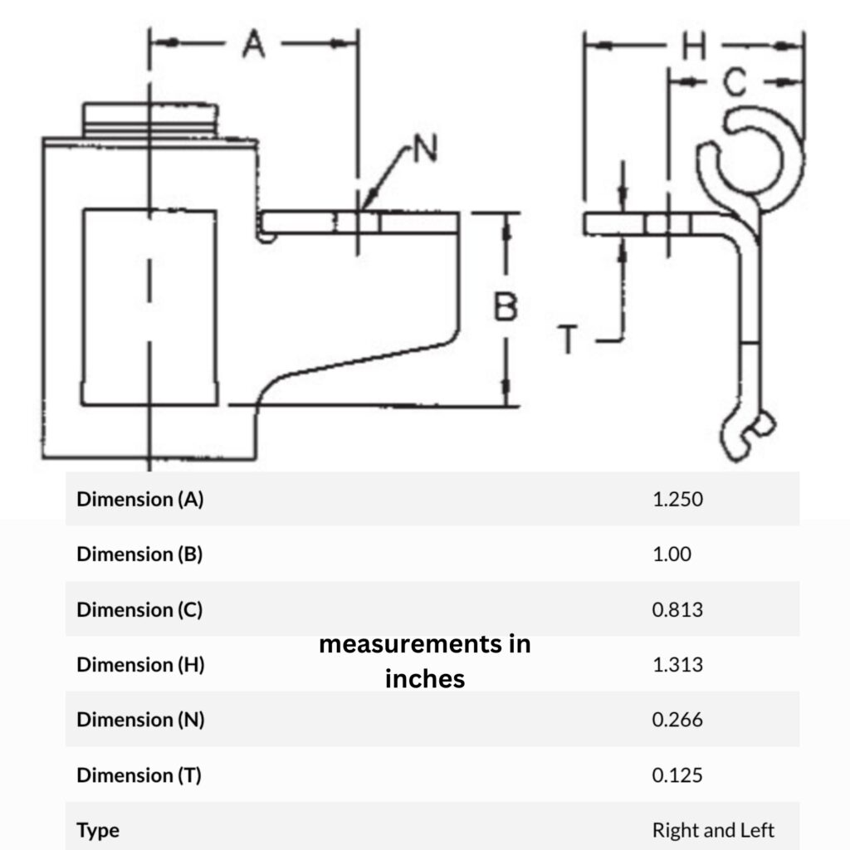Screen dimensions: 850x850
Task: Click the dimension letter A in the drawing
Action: (x=254, y=44)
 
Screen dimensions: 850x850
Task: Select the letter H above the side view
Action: (x=693, y=46)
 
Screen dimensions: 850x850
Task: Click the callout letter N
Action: (x=425, y=150)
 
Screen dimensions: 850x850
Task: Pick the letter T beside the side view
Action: (x=569, y=340)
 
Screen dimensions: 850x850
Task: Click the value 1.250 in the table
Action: (x=678, y=500)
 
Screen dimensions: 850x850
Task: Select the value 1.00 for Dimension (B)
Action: (x=672, y=554)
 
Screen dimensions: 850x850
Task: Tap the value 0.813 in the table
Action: (x=677, y=610)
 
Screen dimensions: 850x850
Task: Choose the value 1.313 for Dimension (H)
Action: (x=677, y=665)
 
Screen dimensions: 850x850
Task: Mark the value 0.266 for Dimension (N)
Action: (x=677, y=720)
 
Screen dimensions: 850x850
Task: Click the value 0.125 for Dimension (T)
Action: (x=677, y=775)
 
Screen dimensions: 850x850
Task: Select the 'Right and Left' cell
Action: (x=713, y=830)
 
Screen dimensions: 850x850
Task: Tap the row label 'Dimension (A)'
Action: (x=139, y=500)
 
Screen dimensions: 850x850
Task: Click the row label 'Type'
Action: (x=98, y=830)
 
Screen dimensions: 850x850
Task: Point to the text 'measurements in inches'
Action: (x=425, y=662)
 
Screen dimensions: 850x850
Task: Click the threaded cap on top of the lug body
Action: (x=152, y=120)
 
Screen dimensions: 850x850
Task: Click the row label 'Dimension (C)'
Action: (x=139, y=610)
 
